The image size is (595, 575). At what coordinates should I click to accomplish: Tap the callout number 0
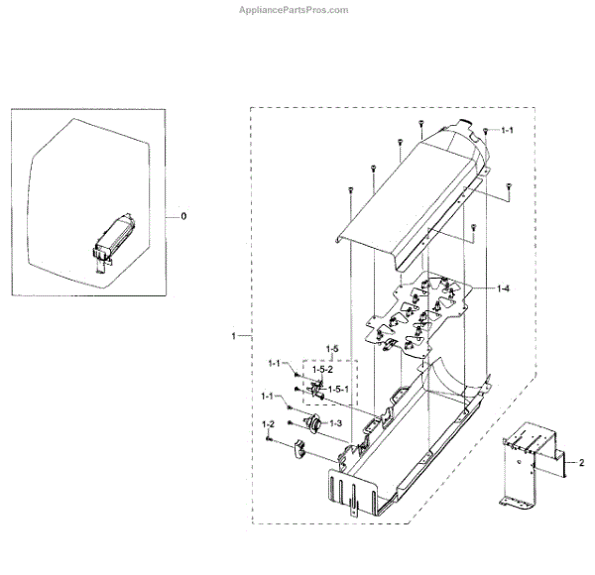(x=181, y=215)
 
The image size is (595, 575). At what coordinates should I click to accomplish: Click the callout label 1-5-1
(x=339, y=388)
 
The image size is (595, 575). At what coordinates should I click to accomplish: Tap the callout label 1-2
(x=268, y=425)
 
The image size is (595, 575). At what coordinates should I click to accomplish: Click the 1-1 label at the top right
(x=507, y=130)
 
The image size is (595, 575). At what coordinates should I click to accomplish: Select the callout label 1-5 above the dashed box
(x=331, y=350)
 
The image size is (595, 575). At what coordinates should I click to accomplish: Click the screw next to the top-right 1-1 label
(x=488, y=129)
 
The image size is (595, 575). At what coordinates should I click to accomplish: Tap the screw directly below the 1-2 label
(x=268, y=439)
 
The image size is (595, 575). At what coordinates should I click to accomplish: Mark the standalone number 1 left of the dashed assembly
(x=233, y=337)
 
